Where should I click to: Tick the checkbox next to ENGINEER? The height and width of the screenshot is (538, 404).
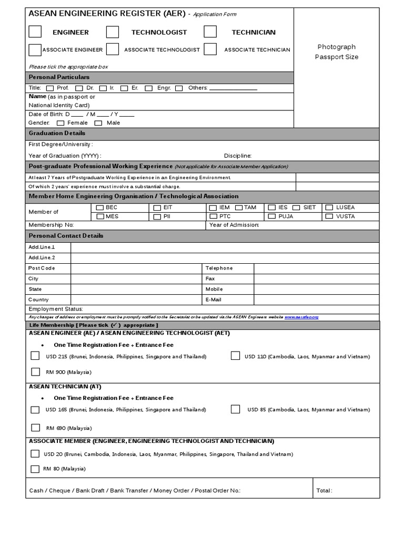tap(35, 32)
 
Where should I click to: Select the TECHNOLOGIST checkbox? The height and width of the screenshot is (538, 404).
tap(112, 32)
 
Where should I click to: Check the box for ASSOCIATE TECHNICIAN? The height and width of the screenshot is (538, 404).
tap(210, 49)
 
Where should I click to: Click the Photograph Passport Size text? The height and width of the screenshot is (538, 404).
tap(337, 52)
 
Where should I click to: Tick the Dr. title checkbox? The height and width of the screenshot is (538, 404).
tap(79, 88)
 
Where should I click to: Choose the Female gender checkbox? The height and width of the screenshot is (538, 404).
tap(60, 123)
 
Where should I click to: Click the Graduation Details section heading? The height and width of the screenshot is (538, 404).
tap(57, 133)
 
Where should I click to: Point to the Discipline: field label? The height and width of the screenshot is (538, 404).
tap(238, 156)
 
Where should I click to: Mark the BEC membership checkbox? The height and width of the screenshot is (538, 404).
tap(100, 208)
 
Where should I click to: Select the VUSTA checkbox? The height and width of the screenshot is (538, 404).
tap(329, 216)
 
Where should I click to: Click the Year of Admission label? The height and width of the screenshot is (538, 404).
tap(234, 225)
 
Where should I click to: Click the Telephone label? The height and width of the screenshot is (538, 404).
tap(219, 268)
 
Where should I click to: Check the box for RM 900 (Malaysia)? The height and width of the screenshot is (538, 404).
tap(35, 372)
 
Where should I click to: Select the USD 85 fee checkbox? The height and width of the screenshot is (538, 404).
tap(235, 409)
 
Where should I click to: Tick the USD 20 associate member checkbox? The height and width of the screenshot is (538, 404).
tap(35, 454)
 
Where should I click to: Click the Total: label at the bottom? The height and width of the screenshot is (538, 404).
tap(324, 491)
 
